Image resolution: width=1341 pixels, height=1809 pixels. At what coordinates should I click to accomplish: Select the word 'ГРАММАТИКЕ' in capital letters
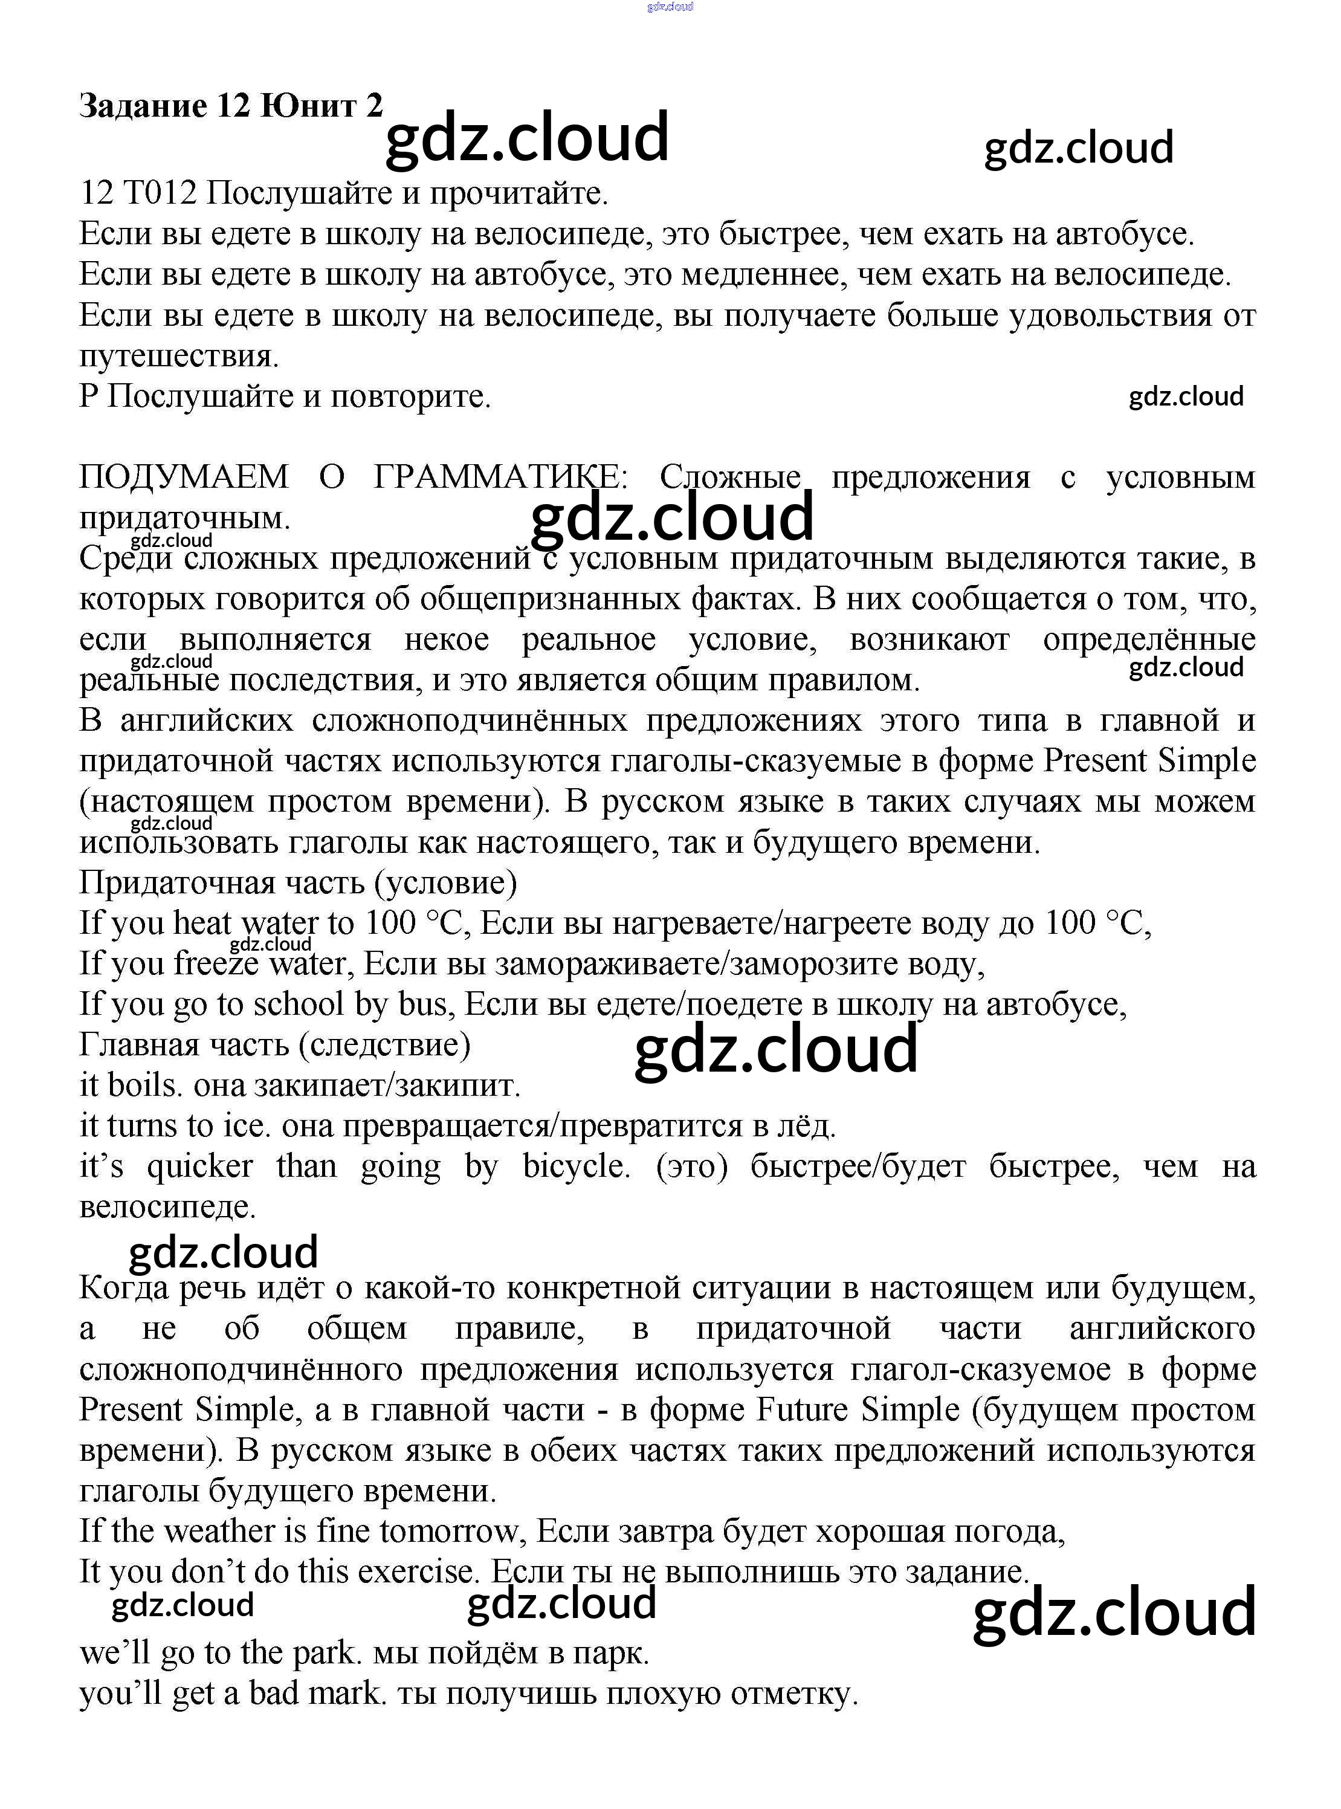(500, 477)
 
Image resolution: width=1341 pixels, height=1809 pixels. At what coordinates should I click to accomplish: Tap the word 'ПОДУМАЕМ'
(184, 477)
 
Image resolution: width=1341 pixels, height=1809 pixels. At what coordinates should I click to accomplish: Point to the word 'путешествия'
(179, 357)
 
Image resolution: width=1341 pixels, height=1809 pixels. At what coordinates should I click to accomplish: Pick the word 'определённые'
(1149, 640)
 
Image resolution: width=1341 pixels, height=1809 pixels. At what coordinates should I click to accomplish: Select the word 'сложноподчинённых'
(469, 721)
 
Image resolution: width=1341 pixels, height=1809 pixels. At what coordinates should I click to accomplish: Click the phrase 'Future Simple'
(858, 1409)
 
